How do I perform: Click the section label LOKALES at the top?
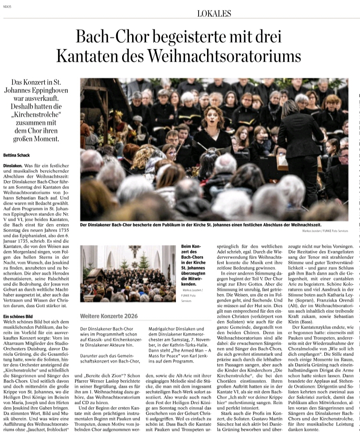click(x=214, y=13)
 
